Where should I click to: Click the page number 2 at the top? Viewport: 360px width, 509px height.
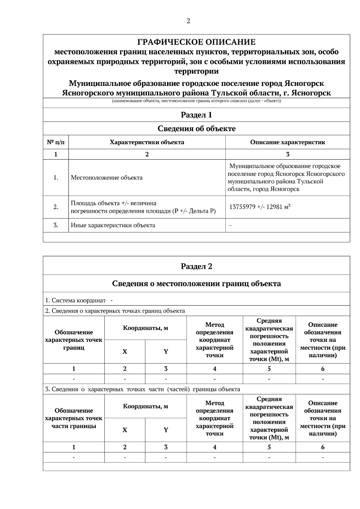188,21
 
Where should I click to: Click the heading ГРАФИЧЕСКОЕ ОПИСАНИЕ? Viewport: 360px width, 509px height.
196,42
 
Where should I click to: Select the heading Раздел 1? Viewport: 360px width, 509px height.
196,115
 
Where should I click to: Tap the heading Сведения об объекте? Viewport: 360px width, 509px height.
196,129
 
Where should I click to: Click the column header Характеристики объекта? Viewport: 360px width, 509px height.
147,142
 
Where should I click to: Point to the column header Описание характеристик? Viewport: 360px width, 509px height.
287,142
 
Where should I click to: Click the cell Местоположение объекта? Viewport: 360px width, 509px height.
106,178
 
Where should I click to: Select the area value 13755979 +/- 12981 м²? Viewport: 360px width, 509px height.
259,207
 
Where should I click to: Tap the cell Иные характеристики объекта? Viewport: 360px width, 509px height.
113,225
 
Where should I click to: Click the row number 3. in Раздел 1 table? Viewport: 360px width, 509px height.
56,225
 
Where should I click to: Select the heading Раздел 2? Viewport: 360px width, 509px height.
196,267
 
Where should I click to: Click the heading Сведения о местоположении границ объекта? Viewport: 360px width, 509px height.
196,284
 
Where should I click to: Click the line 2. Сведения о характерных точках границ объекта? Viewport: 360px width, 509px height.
115,311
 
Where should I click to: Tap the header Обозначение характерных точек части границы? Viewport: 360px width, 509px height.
73,418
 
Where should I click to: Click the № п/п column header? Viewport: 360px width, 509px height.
56,142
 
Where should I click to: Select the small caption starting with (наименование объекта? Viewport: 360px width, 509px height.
196,101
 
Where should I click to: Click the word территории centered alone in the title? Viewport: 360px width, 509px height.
196,71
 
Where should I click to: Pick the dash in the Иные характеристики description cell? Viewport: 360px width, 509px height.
230,225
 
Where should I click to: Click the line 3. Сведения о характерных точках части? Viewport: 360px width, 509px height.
142,389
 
